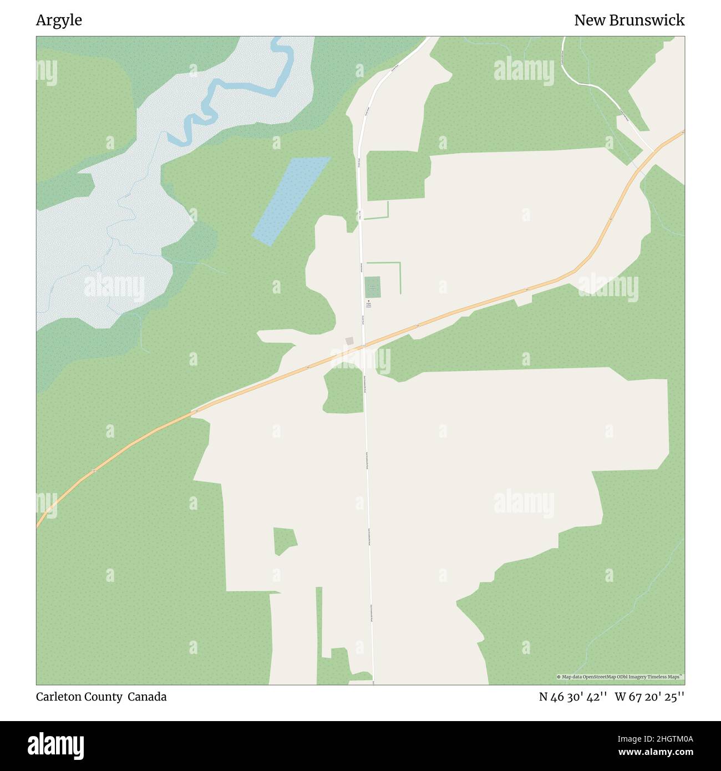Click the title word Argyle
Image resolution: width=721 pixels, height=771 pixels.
(x=59, y=21)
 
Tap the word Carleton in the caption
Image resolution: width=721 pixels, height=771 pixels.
(x=58, y=697)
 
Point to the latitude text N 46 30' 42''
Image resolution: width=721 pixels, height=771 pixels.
(x=573, y=697)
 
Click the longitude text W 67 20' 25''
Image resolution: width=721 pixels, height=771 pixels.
(x=649, y=697)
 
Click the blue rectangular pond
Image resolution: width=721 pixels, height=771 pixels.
(x=291, y=200)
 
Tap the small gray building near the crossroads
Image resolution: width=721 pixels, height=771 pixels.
(x=349, y=341)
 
